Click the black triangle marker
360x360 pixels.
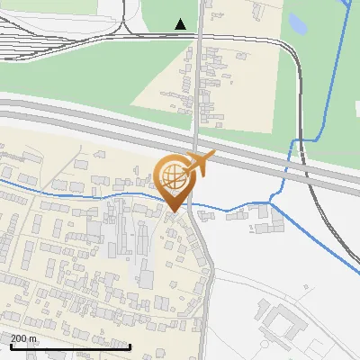181,23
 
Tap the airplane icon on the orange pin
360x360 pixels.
200,164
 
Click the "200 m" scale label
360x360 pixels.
23,338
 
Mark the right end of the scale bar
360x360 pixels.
130,346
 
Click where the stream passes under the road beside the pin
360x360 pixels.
192,205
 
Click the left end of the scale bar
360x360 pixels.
11,346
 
